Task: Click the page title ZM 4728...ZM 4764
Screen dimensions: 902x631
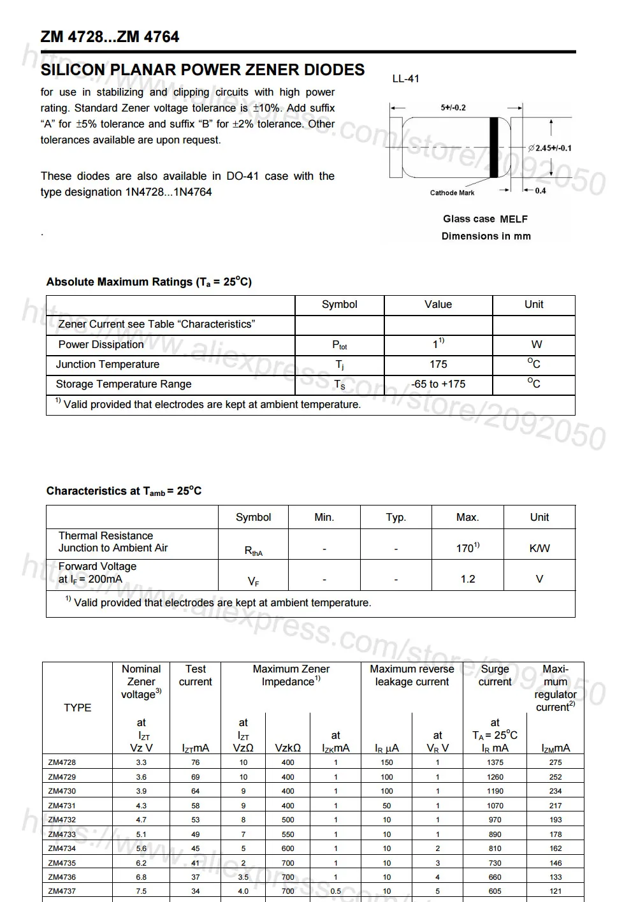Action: point(110,37)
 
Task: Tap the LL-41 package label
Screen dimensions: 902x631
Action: point(405,79)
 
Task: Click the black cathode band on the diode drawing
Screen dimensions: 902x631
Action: point(493,147)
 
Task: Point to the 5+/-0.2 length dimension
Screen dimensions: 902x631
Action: point(453,108)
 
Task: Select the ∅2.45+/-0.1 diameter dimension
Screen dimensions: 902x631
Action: point(550,148)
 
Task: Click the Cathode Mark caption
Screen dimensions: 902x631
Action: point(452,193)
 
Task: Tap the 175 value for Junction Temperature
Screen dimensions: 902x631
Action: point(438,365)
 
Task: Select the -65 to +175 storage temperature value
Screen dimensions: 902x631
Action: point(438,384)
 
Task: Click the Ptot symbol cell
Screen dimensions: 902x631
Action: point(339,345)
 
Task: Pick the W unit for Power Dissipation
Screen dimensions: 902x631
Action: point(536,345)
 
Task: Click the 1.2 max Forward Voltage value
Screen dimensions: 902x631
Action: point(467,579)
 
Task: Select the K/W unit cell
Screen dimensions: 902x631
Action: point(539,548)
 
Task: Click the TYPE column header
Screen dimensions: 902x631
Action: point(77,708)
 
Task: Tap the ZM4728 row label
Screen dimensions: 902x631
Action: point(62,762)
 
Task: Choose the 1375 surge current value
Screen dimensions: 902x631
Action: point(495,762)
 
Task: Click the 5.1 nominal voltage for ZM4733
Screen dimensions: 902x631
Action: point(141,834)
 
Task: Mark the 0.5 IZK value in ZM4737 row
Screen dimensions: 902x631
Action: point(335,891)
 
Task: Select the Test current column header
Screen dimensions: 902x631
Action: point(195,676)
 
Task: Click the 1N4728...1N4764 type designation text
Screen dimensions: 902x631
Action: point(168,192)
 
